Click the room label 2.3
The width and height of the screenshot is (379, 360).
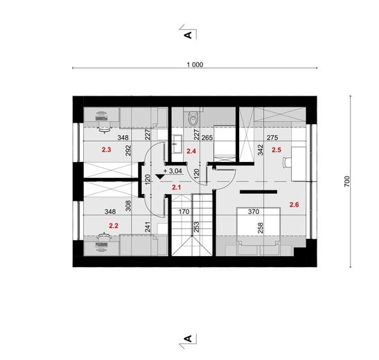(x=107, y=149)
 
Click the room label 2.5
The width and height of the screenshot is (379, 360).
(x=276, y=149)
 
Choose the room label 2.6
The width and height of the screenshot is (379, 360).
(x=294, y=204)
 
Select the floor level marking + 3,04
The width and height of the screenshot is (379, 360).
(x=173, y=170)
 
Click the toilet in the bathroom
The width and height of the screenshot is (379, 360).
(x=192, y=118)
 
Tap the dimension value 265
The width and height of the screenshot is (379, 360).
(x=206, y=138)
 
